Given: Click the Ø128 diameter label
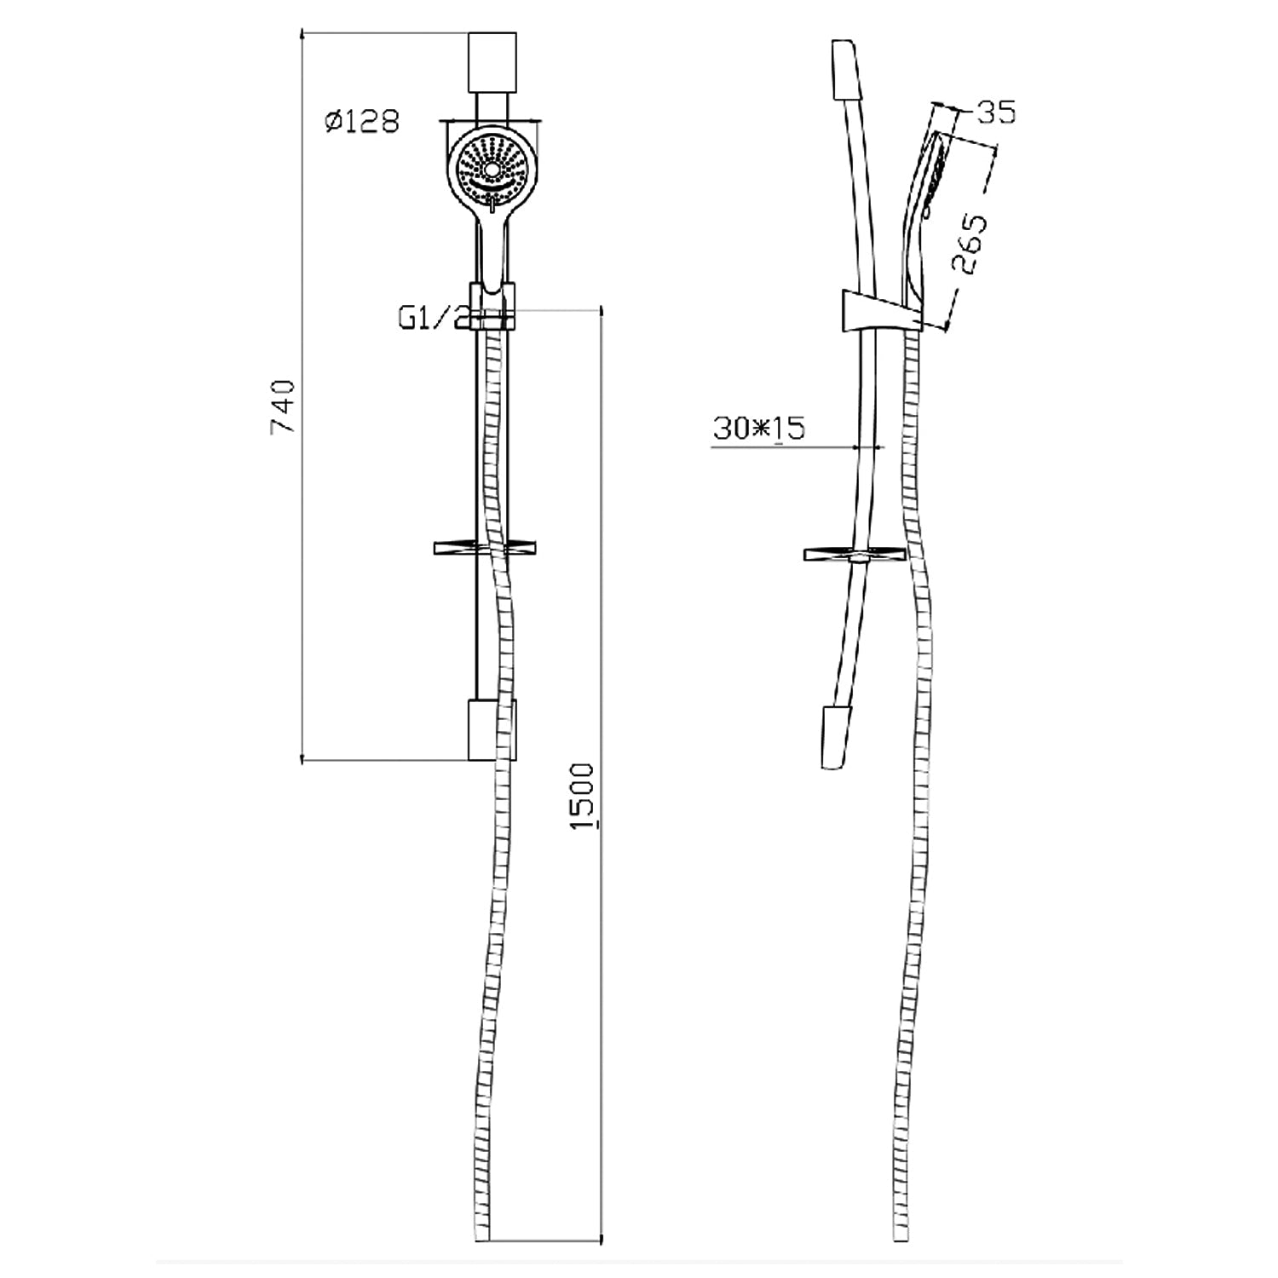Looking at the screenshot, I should click(x=361, y=122).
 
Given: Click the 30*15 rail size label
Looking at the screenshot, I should click(x=759, y=428).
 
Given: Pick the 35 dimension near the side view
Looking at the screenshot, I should click(x=995, y=112).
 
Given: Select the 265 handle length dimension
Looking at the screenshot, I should click(x=973, y=244).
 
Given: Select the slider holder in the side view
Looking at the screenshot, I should click(x=878, y=310).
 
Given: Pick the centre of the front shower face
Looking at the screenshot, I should click(x=492, y=169).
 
